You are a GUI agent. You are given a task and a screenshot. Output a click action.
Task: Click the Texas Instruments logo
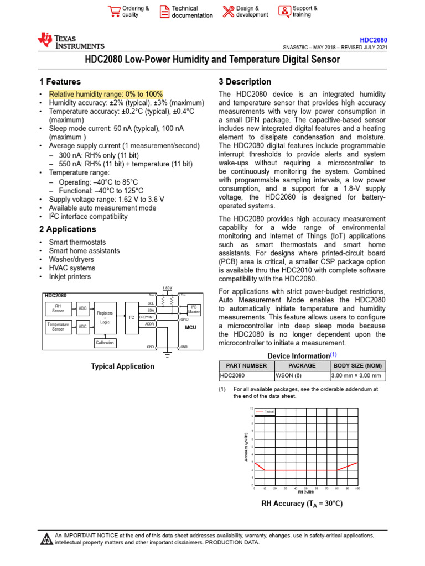tap(70, 41)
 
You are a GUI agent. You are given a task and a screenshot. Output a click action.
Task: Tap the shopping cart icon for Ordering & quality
tap(113, 12)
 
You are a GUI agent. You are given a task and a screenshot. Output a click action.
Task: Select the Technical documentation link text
tap(191, 12)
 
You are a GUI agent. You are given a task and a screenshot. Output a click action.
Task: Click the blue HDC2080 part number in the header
tap(374, 40)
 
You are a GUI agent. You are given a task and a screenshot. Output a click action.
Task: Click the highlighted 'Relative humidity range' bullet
tap(106, 95)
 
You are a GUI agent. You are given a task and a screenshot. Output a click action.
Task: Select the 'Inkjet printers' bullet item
tap(70, 277)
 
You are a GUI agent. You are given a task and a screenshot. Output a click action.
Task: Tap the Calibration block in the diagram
tap(105, 343)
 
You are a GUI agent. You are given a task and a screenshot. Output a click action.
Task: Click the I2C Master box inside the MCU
tap(194, 309)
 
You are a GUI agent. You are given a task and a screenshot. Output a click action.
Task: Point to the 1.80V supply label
tap(167, 288)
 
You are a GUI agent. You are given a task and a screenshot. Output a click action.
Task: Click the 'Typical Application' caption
tap(122, 366)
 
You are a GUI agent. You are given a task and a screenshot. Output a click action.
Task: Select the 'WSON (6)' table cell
tap(302, 376)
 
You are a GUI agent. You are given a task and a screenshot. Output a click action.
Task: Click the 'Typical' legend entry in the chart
tap(266, 412)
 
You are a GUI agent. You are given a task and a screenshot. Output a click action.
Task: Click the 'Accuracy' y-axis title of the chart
tap(246, 447)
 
